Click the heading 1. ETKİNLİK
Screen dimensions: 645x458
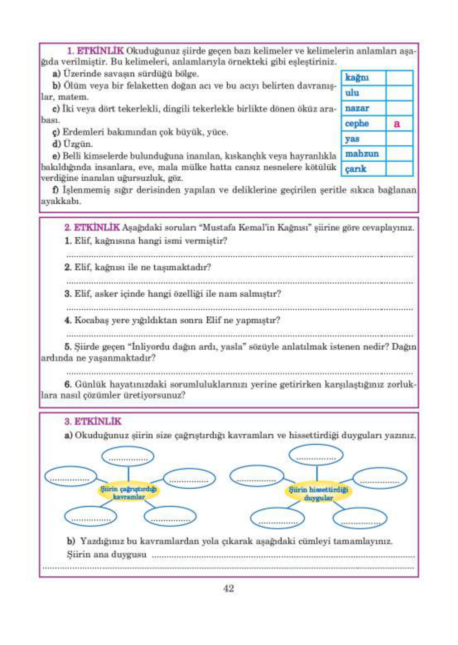tap(95, 51)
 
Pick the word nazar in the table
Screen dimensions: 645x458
tap(357, 108)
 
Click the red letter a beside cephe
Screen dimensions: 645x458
tap(397, 124)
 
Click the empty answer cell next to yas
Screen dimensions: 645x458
tap(399, 139)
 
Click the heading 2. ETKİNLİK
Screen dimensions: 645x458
tap(92, 227)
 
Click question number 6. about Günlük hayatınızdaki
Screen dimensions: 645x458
tap(68, 385)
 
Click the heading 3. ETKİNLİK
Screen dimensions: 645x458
tap(93, 421)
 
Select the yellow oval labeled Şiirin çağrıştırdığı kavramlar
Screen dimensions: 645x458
tap(128, 492)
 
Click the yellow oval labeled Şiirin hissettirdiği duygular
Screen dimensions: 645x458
tap(318, 493)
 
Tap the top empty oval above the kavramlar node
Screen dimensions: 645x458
tap(128, 457)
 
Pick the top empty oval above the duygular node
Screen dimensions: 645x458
tap(316, 455)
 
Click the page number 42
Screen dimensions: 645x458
tap(229, 588)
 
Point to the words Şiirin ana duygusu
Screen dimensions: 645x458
tap(106, 554)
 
